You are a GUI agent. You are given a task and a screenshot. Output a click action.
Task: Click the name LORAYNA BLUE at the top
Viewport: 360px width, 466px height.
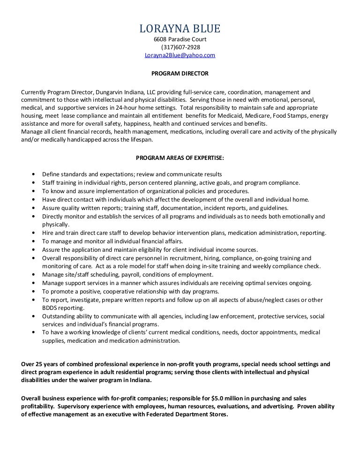coord(180,30)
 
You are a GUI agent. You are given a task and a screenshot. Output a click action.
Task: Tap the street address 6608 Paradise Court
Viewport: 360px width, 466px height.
coord(180,39)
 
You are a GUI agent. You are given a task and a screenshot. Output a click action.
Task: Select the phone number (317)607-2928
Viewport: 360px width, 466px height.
coord(180,47)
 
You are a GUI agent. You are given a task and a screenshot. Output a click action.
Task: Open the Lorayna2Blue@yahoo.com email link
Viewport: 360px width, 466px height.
coord(180,55)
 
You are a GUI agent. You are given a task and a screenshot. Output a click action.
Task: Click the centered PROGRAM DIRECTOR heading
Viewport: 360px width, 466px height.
coord(180,74)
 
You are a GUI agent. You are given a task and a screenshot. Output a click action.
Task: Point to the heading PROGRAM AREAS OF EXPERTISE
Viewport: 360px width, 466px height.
coord(180,158)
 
